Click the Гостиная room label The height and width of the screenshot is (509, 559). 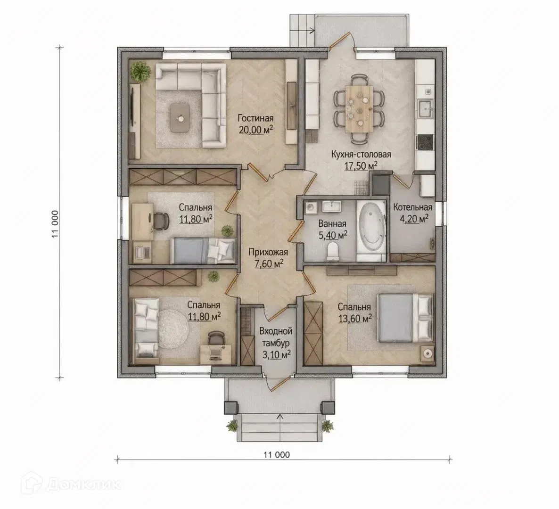coord(255,118)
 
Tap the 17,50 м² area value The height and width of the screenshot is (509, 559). coord(361,166)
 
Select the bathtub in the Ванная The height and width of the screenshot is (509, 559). coord(371,232)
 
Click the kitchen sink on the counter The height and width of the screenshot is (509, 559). coord(426,108)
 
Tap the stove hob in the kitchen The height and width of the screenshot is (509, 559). coord(425,143)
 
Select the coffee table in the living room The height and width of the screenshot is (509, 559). coord(181,118)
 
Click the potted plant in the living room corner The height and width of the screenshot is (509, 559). coord(140,71)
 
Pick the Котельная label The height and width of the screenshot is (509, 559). coord(412,207)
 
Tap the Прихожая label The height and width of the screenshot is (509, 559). coord(268,252)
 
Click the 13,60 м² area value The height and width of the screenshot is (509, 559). coord(354,318)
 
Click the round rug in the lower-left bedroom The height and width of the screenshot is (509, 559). coord(173,328)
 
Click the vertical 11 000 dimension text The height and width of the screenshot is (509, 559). coord(55,224)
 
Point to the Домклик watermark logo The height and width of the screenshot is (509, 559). coord(71,484)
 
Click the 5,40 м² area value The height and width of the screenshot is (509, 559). coord(332,235)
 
